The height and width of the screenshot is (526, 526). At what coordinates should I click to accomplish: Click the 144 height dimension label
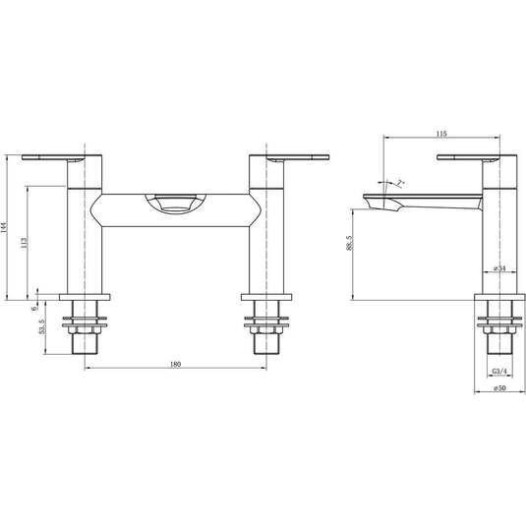click(x=4, y=228)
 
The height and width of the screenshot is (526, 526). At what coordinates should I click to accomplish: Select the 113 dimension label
click(x=24, y=242)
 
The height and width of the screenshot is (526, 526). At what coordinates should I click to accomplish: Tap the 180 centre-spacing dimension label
click(x=175, y=364)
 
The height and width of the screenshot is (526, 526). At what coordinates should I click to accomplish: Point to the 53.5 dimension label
click(x=41, y=326)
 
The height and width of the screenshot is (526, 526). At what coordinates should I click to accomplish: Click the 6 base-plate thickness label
click(x=33, y=308)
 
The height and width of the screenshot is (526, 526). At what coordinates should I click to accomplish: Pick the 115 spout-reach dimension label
click(x=441, y=134)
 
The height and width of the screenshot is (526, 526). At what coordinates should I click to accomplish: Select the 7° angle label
click(x=401, y=183)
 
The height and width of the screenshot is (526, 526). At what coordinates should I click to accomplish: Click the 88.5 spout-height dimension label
click(x=349, y=243)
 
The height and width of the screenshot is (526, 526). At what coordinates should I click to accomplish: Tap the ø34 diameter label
click(x=499, y=268)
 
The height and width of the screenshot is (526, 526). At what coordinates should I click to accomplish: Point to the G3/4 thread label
click(x=499, y=372)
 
